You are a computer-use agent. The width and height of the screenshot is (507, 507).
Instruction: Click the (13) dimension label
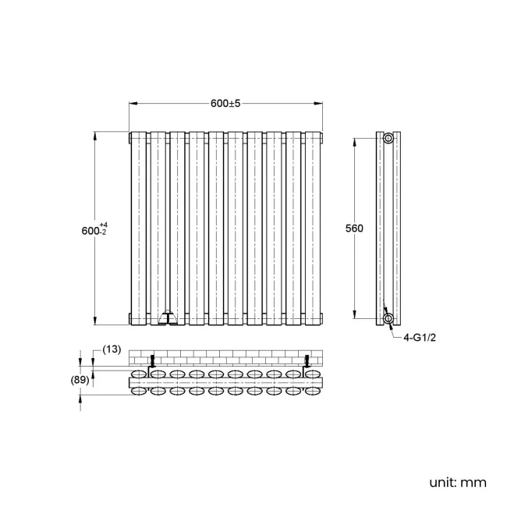pos(112,349)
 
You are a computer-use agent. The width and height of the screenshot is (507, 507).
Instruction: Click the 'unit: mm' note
pos(457,482)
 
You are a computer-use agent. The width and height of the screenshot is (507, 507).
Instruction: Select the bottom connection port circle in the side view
pos(388,318)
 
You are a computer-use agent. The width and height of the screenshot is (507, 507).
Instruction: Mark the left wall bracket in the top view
pos(153,361)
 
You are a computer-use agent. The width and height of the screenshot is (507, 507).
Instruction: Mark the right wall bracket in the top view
pos(307,361)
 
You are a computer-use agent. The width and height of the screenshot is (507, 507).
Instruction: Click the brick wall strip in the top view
pos(225,356)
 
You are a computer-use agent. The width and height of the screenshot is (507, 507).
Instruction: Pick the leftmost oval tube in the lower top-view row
pos(140,391)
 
